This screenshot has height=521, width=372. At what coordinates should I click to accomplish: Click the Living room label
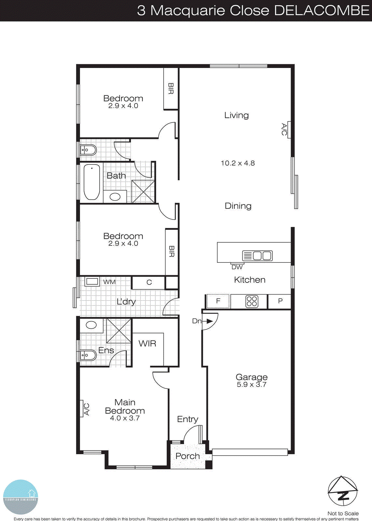tap(236, 115)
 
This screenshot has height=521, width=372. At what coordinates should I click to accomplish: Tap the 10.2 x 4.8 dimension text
tap(238, 163)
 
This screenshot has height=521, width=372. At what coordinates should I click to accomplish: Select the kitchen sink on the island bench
tap(257, 256)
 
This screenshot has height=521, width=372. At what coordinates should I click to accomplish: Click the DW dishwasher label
tap(237, 267)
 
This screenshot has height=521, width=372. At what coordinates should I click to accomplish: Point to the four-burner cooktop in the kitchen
tap(252, 302)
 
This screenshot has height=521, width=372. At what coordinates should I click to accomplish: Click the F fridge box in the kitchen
tap(218, 301)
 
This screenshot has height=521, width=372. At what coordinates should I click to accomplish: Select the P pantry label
tap(280, 301)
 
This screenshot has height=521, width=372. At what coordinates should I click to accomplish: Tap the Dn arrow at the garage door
tap(209, 321)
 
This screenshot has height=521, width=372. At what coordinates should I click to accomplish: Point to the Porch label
tap(187, 456)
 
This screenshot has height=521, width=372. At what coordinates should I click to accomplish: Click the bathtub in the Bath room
tap(92, 182)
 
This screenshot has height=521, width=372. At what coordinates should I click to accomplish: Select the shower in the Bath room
tap(143, 191)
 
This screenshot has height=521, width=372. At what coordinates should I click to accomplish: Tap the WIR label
tap(147, 344)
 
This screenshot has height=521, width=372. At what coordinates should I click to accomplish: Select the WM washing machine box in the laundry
tap(92, 282)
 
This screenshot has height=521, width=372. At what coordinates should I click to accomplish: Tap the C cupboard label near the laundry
tap(149, 282)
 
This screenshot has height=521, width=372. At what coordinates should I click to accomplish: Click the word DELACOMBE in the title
tap(322, 10)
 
